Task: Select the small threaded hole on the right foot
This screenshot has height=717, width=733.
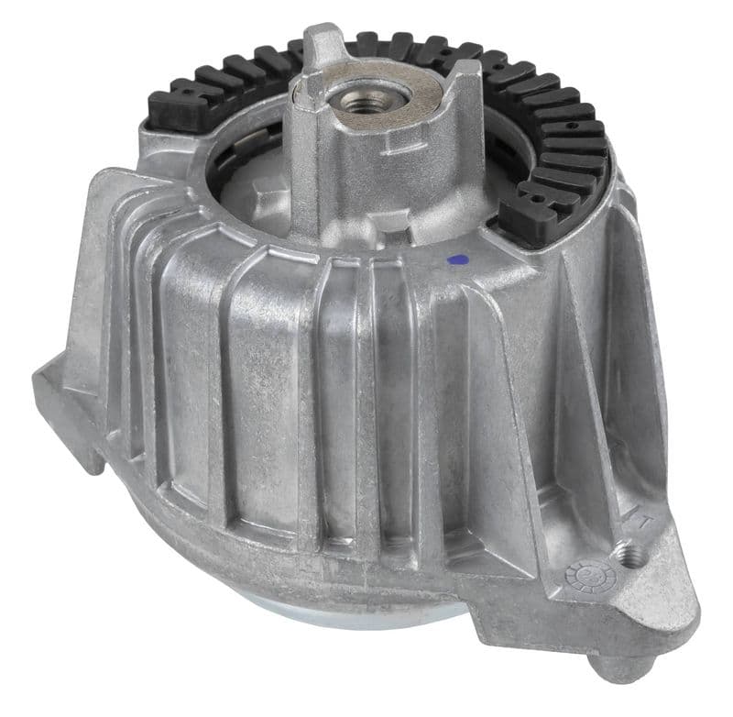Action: [x=626, y=553]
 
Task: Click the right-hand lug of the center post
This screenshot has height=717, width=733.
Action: [x=467, y=92]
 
